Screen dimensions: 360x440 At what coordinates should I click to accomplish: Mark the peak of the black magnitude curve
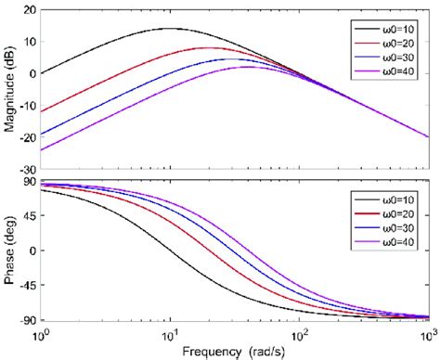pos(169,28)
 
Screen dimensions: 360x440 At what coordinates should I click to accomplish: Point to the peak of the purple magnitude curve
pos(247,67)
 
